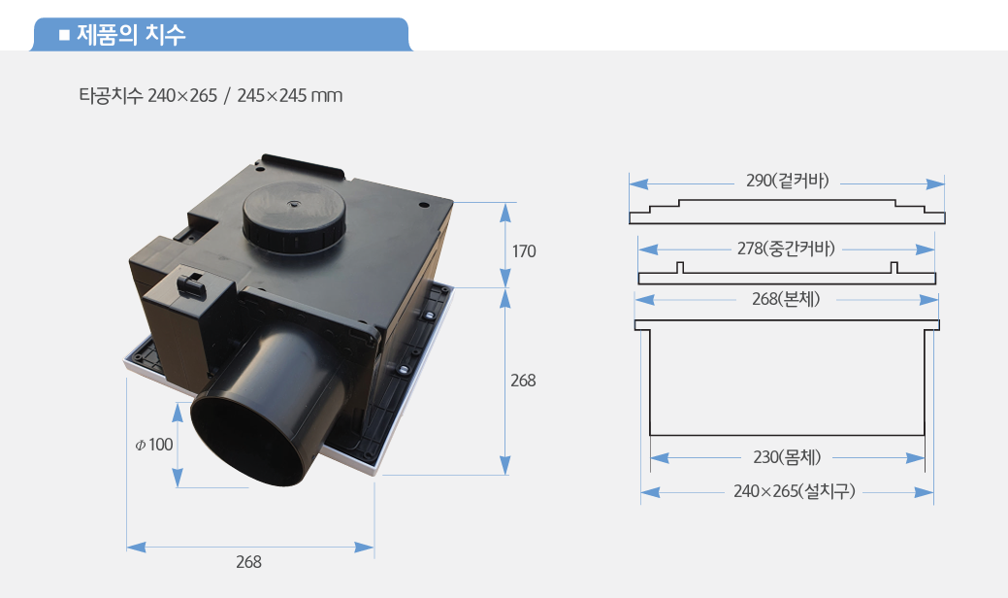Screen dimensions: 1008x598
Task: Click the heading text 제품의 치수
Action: tap(131, 34)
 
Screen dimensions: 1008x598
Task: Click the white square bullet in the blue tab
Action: tap(64, 35)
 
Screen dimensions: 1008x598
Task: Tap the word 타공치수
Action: tap(111, 95)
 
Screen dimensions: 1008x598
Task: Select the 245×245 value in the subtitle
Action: tap(272, 95)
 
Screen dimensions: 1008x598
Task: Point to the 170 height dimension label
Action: tap(524, 250)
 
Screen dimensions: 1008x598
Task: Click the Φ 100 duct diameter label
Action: tap(154, 445)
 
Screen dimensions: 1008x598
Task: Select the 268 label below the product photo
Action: tap(248, 562)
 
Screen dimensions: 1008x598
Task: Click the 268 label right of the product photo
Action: tap(523, 381)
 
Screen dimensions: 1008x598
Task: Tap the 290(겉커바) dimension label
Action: tap(788, 181)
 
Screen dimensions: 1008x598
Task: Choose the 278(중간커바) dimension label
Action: tap(786, 249)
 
